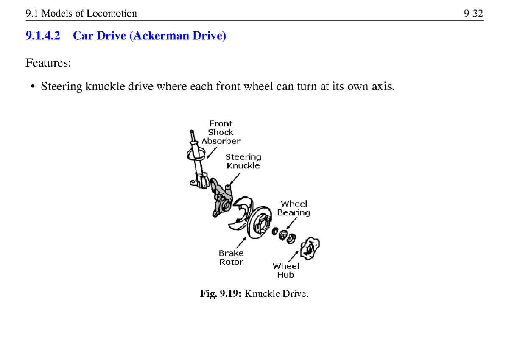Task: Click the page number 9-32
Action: [473, 14]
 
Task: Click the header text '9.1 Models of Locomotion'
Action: [81, 14]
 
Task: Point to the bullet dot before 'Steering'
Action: [32, 87]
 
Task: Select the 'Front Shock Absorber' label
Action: [221, 132]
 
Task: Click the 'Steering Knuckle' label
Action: [243, 162]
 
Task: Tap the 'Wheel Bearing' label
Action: [294, 208]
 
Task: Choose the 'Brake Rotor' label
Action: [231, 257]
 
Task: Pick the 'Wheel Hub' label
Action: [285, 271]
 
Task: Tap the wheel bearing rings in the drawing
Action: [284, 234]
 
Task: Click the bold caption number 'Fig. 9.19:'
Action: [221, 294]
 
